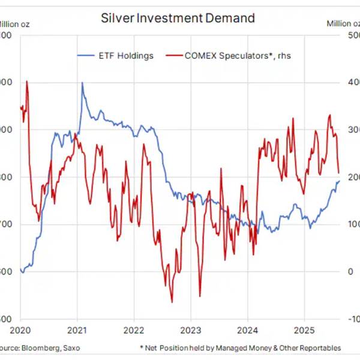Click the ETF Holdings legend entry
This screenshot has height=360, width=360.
126,56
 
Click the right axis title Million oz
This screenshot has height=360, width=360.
343,23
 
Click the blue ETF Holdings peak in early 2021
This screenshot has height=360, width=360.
82,83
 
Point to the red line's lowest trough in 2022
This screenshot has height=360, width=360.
172,302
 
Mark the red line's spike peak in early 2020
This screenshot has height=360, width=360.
27,81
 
